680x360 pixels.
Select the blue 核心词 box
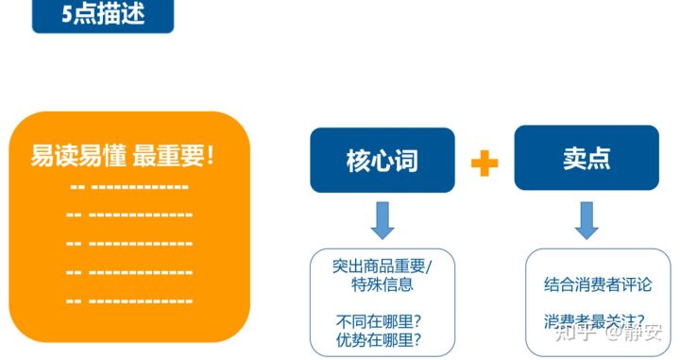[382, 160]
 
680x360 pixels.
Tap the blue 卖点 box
[586, 158]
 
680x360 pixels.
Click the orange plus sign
[484, 163]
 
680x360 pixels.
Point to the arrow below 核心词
[382, 218]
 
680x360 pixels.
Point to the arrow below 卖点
[586, 218]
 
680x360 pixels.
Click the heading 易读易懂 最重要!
[123, 155]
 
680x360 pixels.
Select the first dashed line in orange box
[129, 186]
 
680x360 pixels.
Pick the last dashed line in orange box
[129, 300]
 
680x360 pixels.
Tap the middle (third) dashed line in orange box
[129, 244]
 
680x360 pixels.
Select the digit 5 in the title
[67, 15]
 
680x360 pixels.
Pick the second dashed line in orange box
[129, 215]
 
